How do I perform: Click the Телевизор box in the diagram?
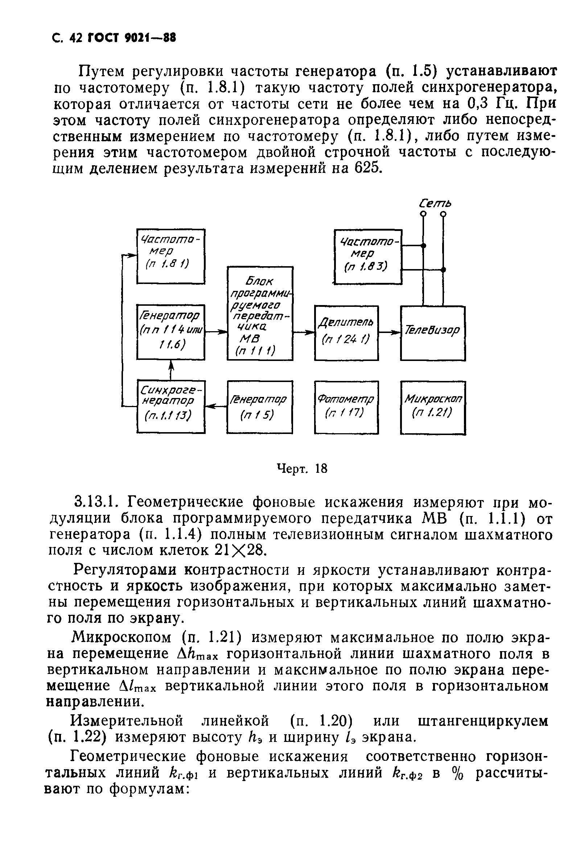pyautogui.click(x=432, y=333)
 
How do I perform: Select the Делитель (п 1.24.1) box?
pyautogui.click(x=346, y=333)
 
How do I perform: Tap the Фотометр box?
pyautogui.click(x=346, y=407)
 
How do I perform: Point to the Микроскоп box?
pyautogui.click(x=433, y=407)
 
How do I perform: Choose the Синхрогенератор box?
pyautogui.click(x=170, y=407)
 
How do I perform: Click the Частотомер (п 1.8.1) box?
pyautogui.click(x=170, y=256)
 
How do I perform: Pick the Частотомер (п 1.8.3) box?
pyautogui.click(x=368, y=256)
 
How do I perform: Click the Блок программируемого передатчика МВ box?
pyautogui.click(x=260, y=313)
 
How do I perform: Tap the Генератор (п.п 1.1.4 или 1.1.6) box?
pyautogui.click(x=170, y=332)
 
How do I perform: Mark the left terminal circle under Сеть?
pyautogui.click(x=424, y=214)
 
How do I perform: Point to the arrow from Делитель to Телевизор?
pyautogui.click(x=390, y=333)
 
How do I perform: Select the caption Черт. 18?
pyautogui.click(x=302, y=469)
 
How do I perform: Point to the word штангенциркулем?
pyautogui.click(x=483, y=722)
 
